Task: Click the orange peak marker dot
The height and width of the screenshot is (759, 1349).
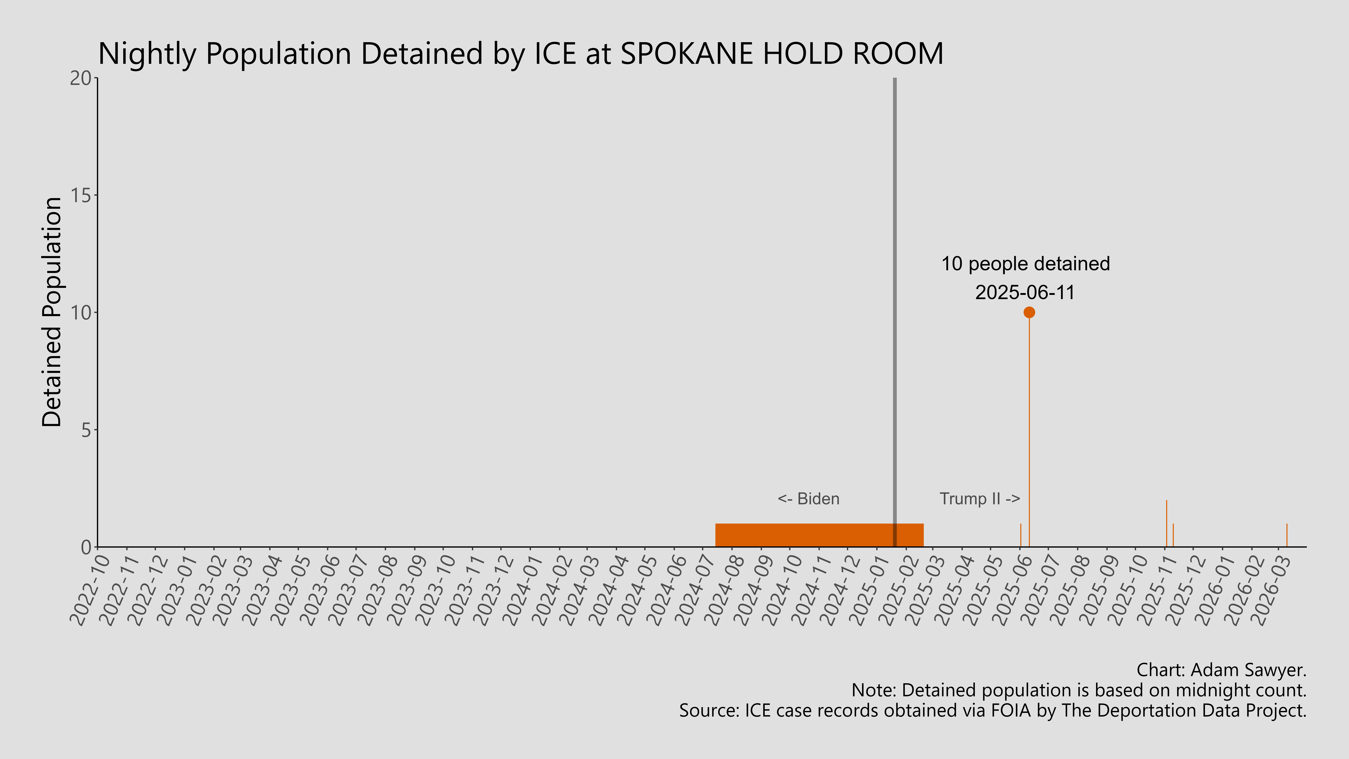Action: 1029,312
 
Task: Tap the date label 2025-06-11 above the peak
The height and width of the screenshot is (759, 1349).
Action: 1025,292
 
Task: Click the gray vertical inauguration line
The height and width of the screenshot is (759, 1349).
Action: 894,262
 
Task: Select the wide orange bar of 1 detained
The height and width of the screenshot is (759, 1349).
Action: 801,535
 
